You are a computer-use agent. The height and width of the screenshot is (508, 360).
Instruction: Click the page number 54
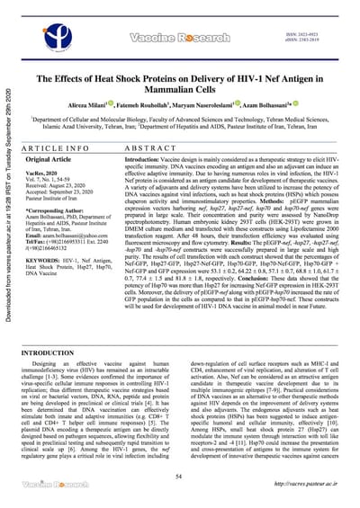click(x=180, y=477)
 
